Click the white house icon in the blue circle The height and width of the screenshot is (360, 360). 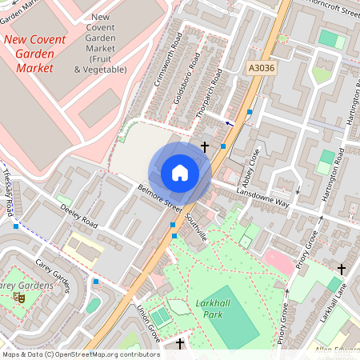point(180,173)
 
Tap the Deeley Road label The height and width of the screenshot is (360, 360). point(78,215)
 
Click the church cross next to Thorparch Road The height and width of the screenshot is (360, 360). point(206,147)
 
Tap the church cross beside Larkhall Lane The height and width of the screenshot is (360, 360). point(342,269)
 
